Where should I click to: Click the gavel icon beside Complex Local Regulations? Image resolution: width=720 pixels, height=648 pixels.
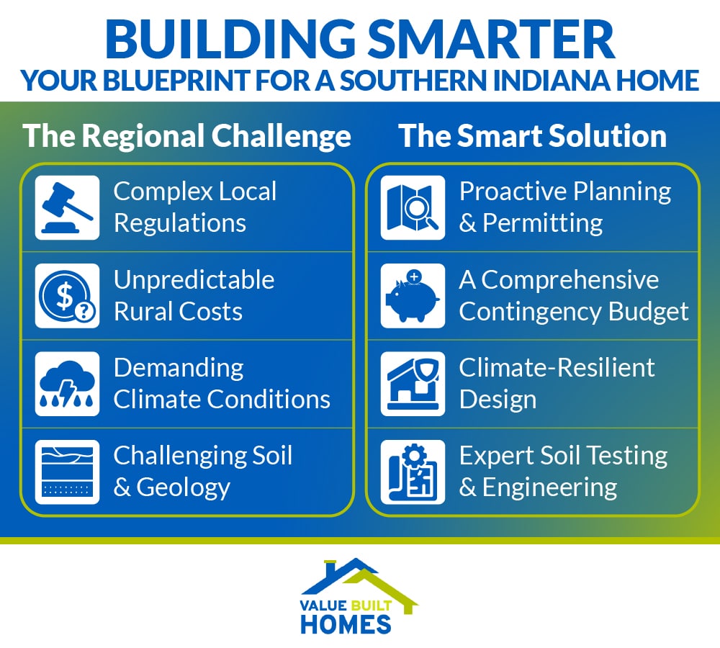tap(67, 208)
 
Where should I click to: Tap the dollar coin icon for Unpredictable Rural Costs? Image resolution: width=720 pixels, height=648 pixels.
tap(67, 296)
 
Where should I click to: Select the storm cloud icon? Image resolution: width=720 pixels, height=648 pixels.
tap(67, 384)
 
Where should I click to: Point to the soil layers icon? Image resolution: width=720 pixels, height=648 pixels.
tap(67, 472)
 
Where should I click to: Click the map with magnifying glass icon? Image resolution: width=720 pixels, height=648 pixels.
tap(413, 208)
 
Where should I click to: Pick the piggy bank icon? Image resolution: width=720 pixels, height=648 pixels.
tap(413, 296)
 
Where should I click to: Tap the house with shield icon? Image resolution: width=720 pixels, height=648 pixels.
tap(413, 384)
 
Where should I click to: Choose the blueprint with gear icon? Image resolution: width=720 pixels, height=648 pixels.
tap(413, 472)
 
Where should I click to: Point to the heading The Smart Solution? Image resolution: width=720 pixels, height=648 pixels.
tap(533, 136)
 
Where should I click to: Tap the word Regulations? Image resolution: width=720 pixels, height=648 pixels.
tap(180, 223)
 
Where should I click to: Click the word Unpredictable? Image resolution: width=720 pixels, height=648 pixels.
tap(194, 279)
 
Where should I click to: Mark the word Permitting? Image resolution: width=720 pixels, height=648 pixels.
tap(542, 223)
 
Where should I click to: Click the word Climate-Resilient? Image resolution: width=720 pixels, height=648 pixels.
tap(557, 367)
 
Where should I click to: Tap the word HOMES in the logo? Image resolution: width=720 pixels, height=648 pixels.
tap(346, 624)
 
